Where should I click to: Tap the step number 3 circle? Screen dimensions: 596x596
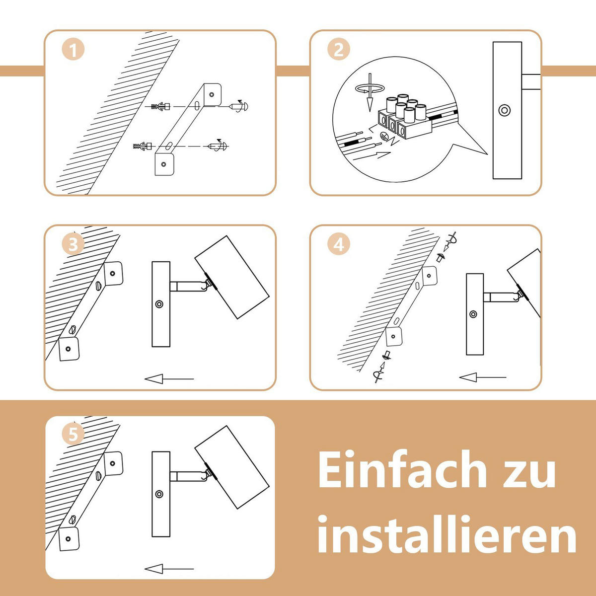(x=74, y=244)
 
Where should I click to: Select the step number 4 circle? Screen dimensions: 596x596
(x=339, y=244)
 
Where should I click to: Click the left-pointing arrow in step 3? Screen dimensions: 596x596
(x=169, y=378)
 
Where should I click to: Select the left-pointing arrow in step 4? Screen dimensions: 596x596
(x=483, y=377)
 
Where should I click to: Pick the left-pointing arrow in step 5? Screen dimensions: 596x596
(x=169, y=569)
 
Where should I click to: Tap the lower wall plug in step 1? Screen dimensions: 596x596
(x=143, y=146)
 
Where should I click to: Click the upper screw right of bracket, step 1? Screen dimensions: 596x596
(x=238, y=106)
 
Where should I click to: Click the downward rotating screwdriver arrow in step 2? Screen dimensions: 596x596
(x=370, y=92)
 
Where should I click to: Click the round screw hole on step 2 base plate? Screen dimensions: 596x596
(x=505, y=110)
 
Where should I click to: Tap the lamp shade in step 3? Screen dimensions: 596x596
(x=232, y=277)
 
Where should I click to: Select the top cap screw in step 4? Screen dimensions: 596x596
(x=440, y=257)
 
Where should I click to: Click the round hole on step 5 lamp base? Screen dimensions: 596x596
(x=159, y=494)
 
